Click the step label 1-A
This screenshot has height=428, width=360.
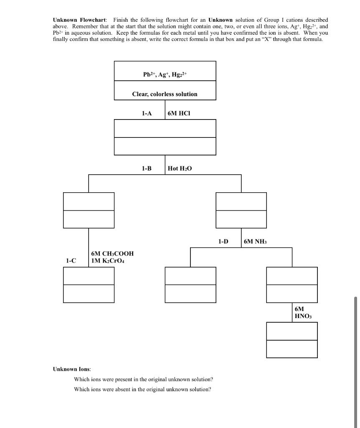[147, 113]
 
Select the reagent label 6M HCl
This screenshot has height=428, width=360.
[178, 113]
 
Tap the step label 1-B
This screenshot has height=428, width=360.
[147, 168]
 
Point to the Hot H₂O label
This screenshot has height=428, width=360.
[180, 168]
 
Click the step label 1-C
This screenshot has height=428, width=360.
[71, 260]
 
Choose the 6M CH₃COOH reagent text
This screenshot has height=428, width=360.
[112, 254]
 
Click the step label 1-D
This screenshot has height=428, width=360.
[223, 241]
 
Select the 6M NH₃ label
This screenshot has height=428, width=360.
[255, 242]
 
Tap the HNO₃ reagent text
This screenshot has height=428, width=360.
[303, 316]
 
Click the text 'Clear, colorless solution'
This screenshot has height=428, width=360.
[165, 94]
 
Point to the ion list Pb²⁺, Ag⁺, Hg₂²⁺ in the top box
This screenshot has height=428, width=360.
[165, 75]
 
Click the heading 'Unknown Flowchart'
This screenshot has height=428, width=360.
[79, 20]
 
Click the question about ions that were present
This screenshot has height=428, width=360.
[143, 379]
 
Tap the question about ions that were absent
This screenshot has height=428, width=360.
[142, 389]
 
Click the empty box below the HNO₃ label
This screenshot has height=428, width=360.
[292, 340]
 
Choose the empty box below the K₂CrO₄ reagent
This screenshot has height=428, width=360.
[89, 285]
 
